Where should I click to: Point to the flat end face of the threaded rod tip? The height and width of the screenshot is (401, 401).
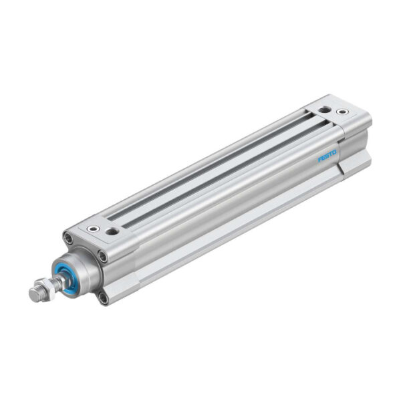[x=33, y=295]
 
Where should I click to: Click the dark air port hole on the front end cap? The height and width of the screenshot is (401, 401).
[x=113, y=231]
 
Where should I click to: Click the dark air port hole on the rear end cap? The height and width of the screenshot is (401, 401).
[x=324, y=109]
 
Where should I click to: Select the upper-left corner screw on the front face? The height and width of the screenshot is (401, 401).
[x=68, y=237]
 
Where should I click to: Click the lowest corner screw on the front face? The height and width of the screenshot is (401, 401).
[x=104, y=297]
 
